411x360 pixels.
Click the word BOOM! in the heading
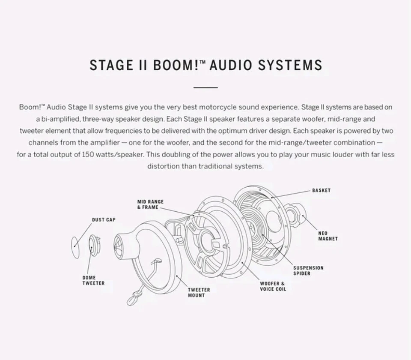[x=176, y=65]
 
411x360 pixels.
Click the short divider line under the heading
[x=205, y=87]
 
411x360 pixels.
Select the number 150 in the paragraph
[x=88, y=154]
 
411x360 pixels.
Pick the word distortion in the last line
[x=164, y=166]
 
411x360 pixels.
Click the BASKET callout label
[x=321, y=190]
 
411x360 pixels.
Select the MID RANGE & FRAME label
[x=150, y=204]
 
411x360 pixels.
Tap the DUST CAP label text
[x=104, y=220]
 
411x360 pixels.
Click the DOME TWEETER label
[x=93, y=280]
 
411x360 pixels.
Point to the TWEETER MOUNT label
[x=199, y=292]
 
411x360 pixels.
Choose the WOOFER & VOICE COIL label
[x=273, y=286]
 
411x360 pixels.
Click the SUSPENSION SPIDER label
[x=308, y=270]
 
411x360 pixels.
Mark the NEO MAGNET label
[x=328, y=236]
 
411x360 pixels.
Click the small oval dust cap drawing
[x=75, y=247]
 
